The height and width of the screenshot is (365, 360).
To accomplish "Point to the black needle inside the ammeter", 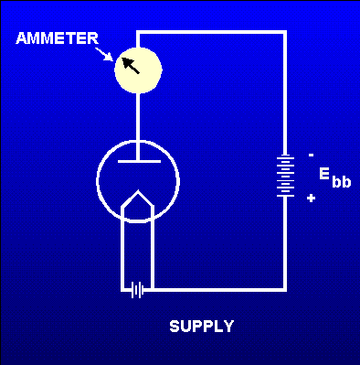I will tap(132, 65).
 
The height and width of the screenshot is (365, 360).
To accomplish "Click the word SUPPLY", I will tap(201, 326).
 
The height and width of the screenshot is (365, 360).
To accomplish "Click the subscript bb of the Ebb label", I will tap(341, 182).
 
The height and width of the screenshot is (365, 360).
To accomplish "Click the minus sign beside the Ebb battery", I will tap(311, 155).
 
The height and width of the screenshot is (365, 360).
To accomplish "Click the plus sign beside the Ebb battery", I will tap(312, 198).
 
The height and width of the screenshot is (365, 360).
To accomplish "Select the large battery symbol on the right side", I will tap(285, 176).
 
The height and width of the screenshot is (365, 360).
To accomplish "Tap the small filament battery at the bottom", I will tap(137, 290).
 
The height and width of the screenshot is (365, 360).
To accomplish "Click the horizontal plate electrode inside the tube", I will tap(137, 161).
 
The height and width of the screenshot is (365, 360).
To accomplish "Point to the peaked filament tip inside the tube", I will tap(137, 195).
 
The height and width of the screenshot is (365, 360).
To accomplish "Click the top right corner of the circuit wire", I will tap(284, 33).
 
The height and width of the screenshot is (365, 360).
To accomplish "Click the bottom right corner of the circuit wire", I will tap(284, 290).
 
